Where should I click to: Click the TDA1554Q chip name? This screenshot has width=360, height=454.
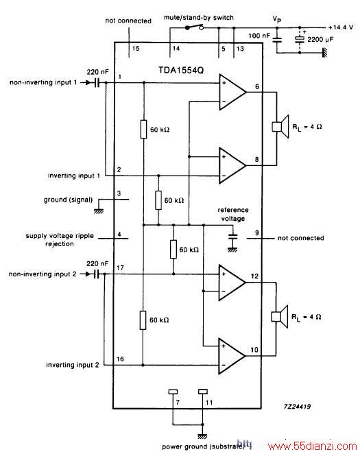pyautogui.click(x=181, y=71)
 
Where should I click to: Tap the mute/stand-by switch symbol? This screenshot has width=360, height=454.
pyautogui.click(x=195, y=27)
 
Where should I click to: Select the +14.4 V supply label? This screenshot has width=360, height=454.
pyautogui.click(x=341, y=27)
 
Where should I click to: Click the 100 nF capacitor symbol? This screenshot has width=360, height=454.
pyautogui.click(x=277, y=39)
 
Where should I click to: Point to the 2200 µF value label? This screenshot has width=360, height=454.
pyautogui.click(x=320, y=39)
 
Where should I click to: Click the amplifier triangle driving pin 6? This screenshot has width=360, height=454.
pyautogui.click(x=232, y=92)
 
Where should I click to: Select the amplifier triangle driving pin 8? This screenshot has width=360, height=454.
pyautogui.click(x=232, y=165)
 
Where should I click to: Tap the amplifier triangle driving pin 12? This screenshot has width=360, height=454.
pyautogui.click(x=232, y=283)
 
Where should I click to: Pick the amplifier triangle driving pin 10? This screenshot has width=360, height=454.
pyautogui.click(x=232, y=356)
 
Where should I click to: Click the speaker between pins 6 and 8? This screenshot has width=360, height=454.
pyautogui.click(x=280, y=126)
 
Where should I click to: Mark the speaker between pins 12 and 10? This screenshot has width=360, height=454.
pyautogui.click(x=280, y=316)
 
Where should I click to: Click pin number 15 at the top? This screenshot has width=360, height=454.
pyautogui.click(x=136, y=49)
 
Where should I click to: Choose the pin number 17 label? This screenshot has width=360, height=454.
pyautogui.click(x=120, y=268)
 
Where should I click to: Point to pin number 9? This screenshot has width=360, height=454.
pyautogui.click(x=257, y=232)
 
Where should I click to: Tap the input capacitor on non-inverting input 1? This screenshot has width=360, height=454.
pyautogui.click(x=97, y=82)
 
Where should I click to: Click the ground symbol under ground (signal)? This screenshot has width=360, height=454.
pyautogui.click(x=99, y=211)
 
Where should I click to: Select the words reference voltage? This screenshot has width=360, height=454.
pyautogui.click(x=233, y=214)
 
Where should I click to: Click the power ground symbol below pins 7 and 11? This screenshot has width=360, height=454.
pyautogui.click(x=202, y=436)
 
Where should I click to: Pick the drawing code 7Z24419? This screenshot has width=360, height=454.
pyautogui.click(x=297, y=407)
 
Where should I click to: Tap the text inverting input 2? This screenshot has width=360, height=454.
pyautogui.click(x=73, y=365)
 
